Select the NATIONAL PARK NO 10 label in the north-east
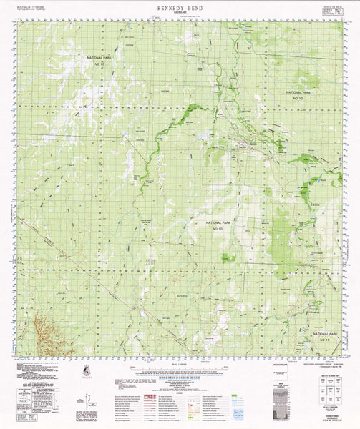coord(298,95)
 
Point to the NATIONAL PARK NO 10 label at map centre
coord(218,225)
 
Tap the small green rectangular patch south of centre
coord(228,257)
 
